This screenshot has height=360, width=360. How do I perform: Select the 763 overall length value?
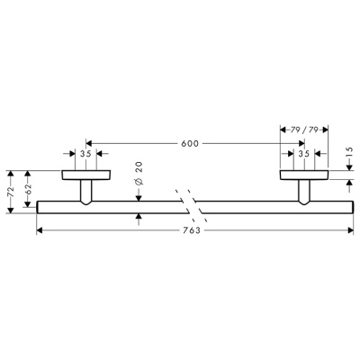[x=190, y=230]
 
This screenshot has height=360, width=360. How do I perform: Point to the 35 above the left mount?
[x=86, y=155]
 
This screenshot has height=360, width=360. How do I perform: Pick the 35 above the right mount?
[x=303, y=155]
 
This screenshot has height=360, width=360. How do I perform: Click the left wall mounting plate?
[x=86, y=175]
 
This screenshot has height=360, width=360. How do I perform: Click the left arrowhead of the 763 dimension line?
[x=40, y=230]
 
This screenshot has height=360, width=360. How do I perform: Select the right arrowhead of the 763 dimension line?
[x=348, y=230]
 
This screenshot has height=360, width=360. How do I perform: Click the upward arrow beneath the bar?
[x=138, y=218]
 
